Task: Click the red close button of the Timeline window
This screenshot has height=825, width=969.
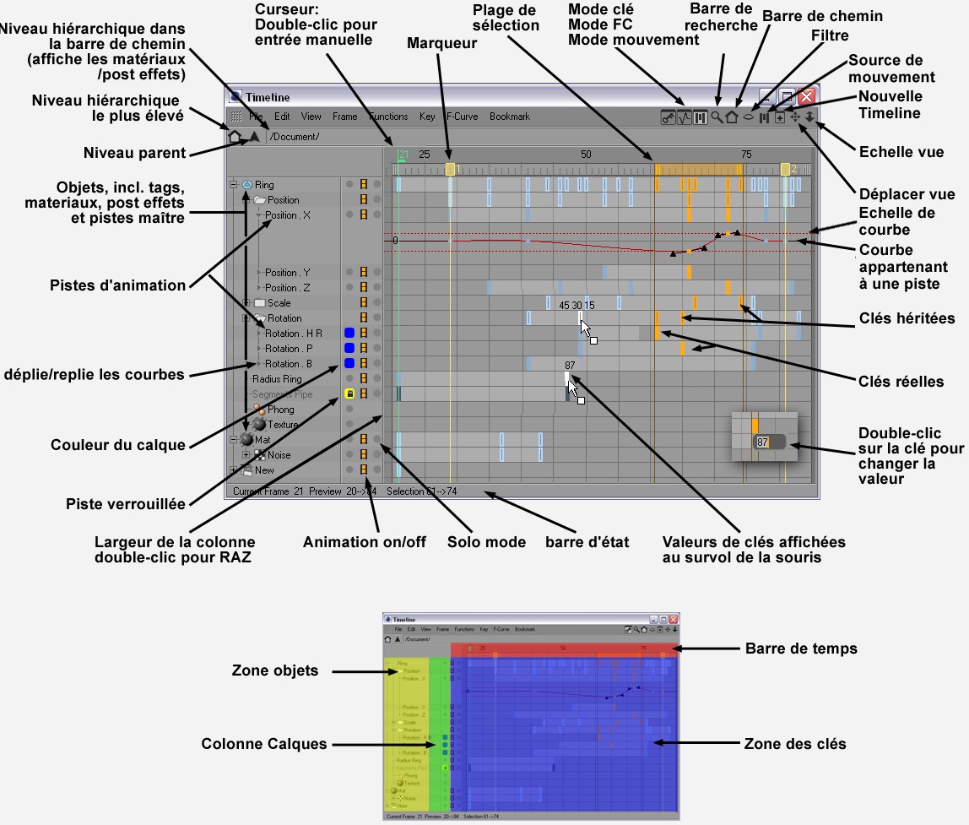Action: click(x=806, y=96)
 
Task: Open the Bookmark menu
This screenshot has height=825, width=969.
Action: click(x=510, y=117)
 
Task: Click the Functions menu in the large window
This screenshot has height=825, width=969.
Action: click(x=388, y=117)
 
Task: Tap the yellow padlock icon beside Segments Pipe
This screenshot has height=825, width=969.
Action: click(x=349, y=394)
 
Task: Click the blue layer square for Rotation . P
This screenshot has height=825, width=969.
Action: click(x=349, y=348)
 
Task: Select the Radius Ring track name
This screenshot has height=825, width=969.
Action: click(x=277, y=379)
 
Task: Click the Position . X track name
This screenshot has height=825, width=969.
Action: click(x=288, y=215)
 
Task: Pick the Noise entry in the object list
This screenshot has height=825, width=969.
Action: click(x=279, y=455)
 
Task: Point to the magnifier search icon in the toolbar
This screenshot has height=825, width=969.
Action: click(x=717, y=117)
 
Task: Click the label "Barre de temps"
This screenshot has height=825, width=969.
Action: click(x=801, y=649)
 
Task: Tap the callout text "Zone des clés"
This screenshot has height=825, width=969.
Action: click(x=795, y=744)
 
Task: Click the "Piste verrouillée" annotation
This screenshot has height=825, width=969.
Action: click(x=126, y=504)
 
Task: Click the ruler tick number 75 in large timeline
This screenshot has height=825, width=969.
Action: click(x=746, y=155)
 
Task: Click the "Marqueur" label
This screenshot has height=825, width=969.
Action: click(x=442, y=43)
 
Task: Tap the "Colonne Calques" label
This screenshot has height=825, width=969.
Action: click(x=263, y=744)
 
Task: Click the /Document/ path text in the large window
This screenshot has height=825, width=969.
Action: click(x=295, y=137)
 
